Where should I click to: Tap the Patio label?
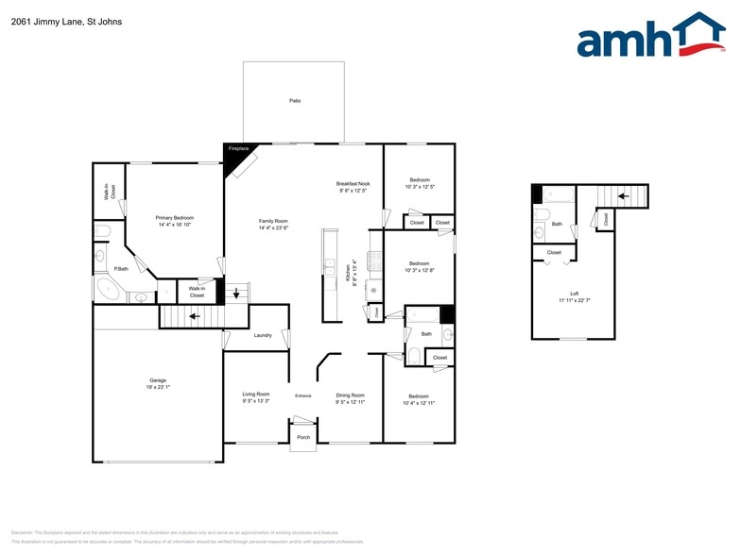[295, 100]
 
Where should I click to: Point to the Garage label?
[131, 380]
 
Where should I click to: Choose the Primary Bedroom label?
[175, 218]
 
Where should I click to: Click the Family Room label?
[273, 221]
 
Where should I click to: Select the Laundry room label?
[263, 335]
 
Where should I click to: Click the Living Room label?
[256, 395]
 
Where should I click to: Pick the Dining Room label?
[351, 395]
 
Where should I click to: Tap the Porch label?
[303, 437]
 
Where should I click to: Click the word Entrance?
[303, 395]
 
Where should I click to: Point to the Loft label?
[573, 294]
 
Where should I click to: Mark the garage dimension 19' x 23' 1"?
[131, 388]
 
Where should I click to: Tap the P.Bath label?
[121, 269]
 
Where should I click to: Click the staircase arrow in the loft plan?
[623, 196]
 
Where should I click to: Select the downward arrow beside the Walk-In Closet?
[235, 292]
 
